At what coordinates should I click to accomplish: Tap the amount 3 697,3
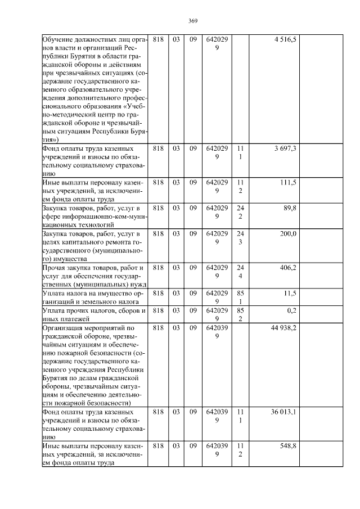(285, 148)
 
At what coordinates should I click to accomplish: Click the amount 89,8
(290, 208)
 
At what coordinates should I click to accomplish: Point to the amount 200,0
(288, 234)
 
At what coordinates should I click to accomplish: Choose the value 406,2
(288, 268)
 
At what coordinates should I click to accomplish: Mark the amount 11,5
(290, 294)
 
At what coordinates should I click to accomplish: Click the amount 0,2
(292, 310)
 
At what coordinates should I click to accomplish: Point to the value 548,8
(288, 446)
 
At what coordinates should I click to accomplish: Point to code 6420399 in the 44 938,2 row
(217, 331)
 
